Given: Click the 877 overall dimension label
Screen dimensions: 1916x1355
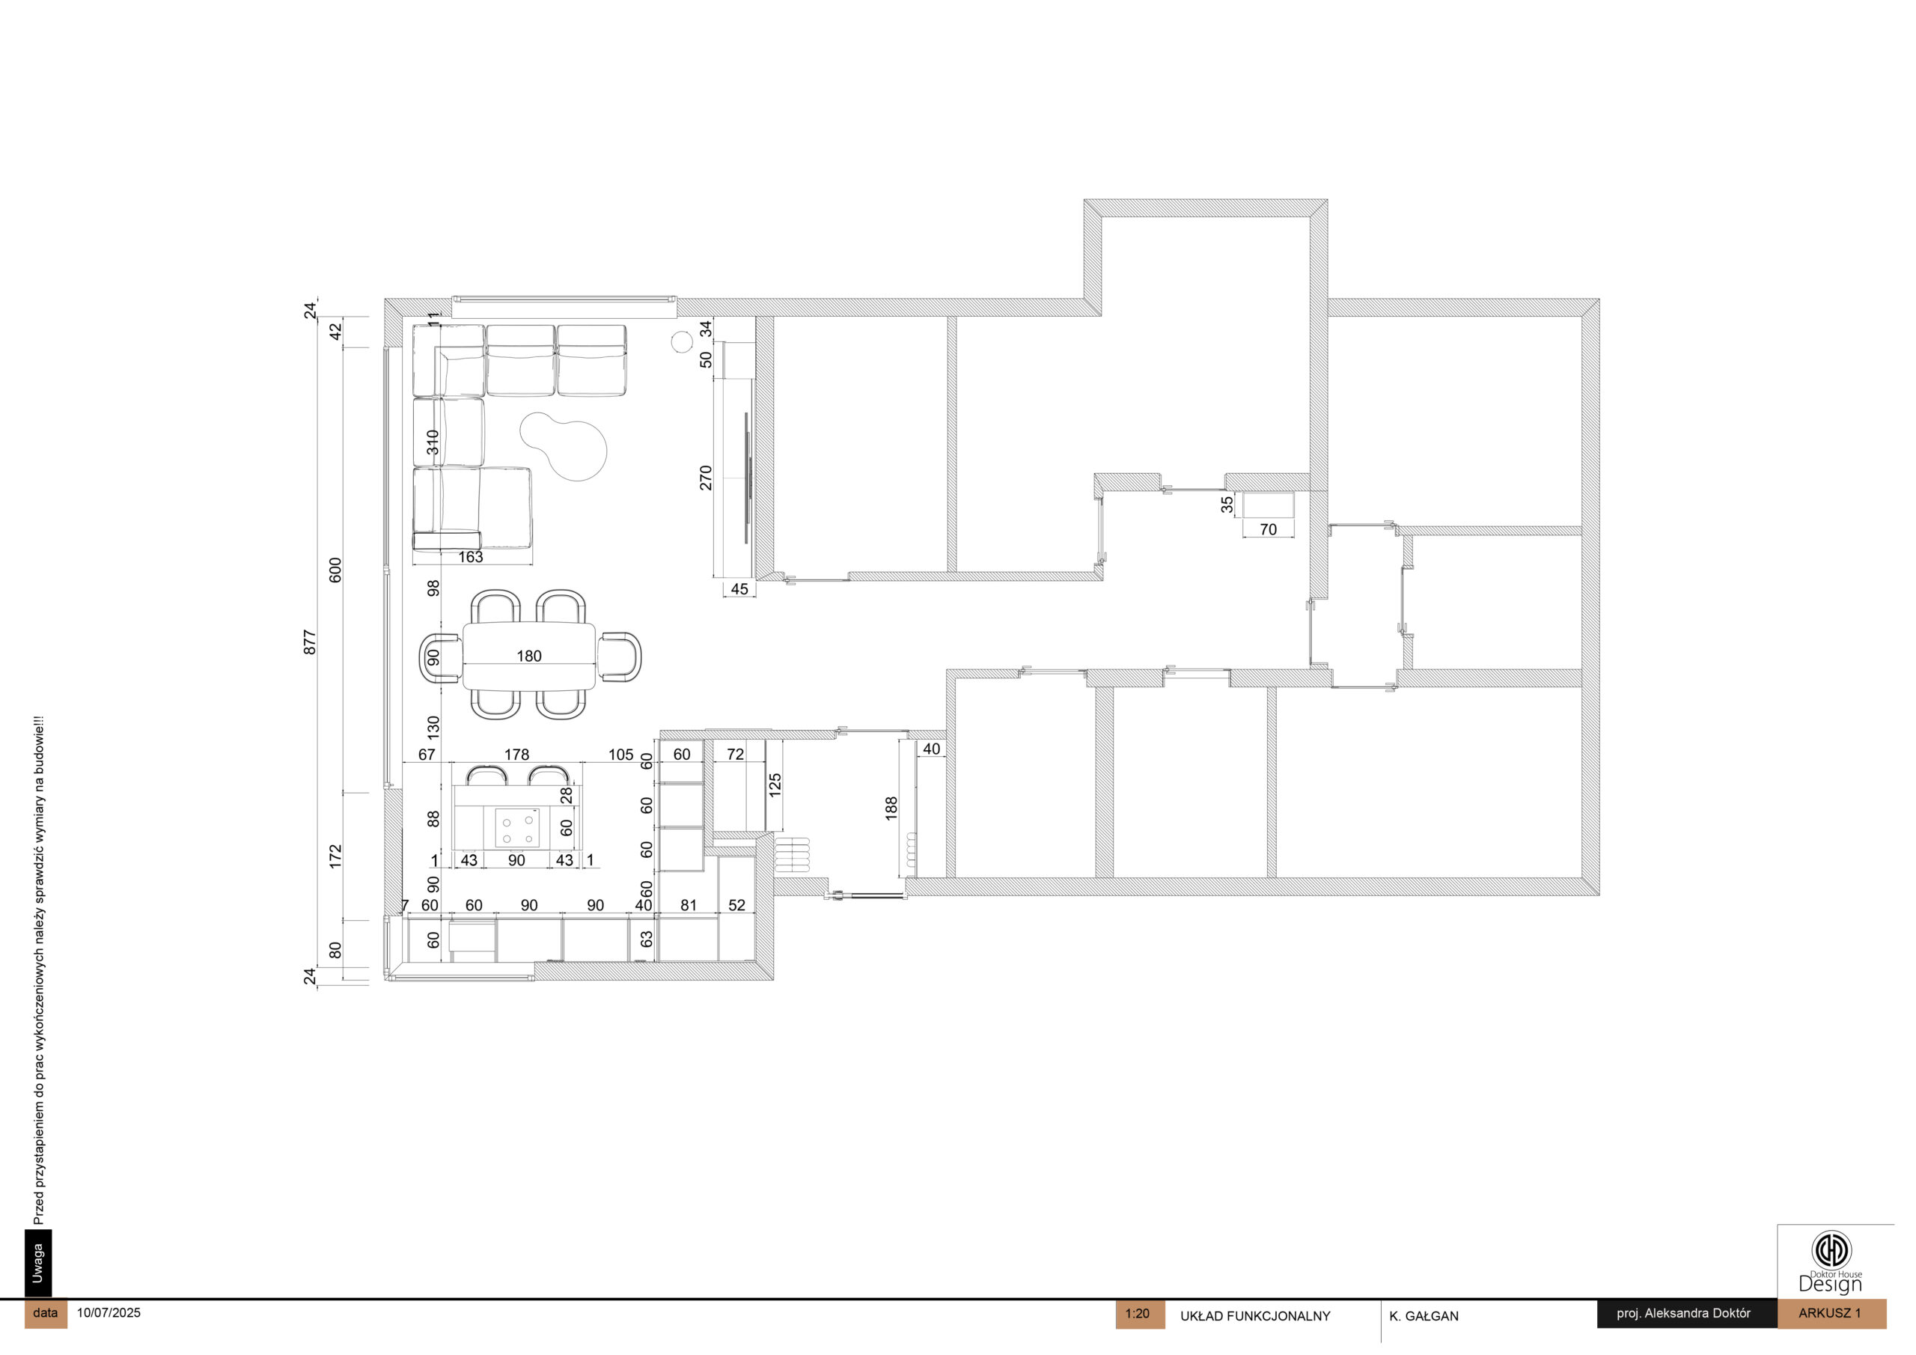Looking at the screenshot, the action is [310, 642].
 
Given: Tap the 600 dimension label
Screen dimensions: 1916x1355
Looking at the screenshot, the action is [335, 570].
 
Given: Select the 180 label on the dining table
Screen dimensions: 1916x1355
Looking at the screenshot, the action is [529, 657].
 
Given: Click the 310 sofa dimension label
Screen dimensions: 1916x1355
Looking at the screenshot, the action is [433, 442].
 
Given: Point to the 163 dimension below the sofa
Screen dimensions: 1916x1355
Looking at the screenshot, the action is [471, 557].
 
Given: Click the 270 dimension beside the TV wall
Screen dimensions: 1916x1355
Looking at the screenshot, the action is [706, 478].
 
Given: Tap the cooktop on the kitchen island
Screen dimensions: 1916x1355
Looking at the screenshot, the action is [517, 828].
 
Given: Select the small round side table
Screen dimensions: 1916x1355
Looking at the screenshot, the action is [682, 342].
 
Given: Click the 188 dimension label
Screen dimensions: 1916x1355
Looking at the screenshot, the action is [891, 809].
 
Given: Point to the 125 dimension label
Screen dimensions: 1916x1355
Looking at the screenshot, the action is [775, 785].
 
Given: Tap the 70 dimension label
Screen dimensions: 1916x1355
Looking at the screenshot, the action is [1269, 529].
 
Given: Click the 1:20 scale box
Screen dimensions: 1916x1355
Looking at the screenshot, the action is [1139, 1314].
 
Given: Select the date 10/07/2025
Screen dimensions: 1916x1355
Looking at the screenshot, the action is [109, 1312].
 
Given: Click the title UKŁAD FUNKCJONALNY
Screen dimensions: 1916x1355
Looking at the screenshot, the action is [1255, 1317].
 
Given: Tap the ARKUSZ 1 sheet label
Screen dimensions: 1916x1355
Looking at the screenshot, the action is [1830, 1313].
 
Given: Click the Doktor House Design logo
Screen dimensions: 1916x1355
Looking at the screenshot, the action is [1831, 1261].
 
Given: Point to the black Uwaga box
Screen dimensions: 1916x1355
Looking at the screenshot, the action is [38, 1263].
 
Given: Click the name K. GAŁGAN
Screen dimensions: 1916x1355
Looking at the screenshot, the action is [1424, 1317].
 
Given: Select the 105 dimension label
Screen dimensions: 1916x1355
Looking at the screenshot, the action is [621, 755].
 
